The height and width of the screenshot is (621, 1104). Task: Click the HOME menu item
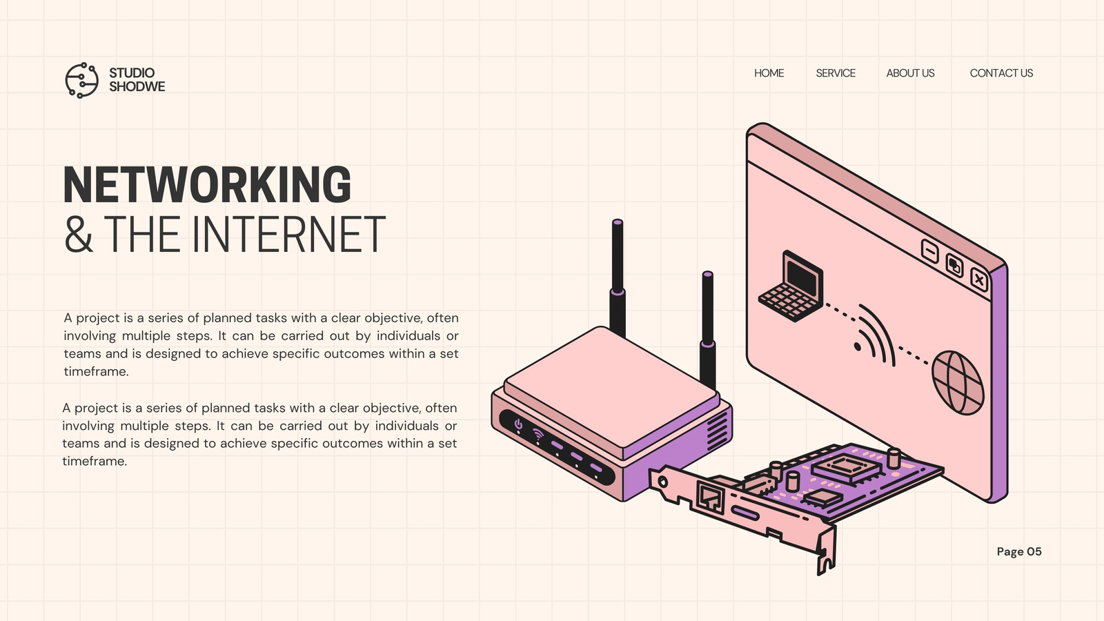769,73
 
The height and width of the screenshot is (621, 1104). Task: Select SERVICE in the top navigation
836,73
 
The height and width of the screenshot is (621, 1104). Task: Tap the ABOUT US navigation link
910,73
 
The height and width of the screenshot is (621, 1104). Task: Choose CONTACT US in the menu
1001,73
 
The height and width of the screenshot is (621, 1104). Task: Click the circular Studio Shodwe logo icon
82,80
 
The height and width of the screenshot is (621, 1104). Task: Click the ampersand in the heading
79,234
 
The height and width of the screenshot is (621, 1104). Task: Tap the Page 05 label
1018,551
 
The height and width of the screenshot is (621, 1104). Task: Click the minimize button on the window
930,251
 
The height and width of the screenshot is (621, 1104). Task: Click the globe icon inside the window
958,382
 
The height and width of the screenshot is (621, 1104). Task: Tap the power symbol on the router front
518,424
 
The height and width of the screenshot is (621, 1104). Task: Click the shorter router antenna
708,331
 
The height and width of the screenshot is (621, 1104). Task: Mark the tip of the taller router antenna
618,221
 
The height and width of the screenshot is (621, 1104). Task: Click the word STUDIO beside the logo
132,73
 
